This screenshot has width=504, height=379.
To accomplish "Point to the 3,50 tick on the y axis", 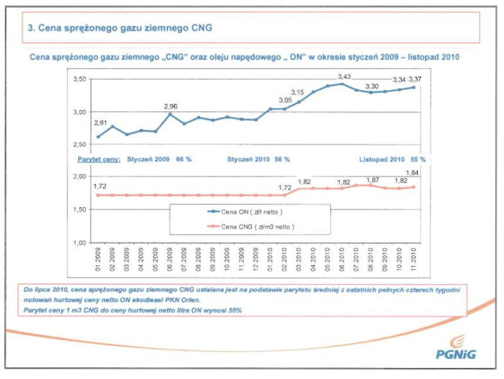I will click(79, 79).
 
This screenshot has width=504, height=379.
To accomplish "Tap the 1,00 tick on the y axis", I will click(79, 243).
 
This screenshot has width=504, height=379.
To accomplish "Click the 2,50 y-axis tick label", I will click(79, 145).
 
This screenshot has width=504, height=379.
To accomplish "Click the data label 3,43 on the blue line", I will click(342, 76).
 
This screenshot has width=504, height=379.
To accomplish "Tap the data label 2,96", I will click(170, 106).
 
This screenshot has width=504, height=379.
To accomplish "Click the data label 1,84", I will click(413, 172).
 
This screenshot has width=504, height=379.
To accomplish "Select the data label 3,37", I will click(416, 79).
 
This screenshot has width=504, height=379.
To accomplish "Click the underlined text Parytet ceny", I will click(98, 160).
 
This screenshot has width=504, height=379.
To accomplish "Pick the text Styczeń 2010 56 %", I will click(258, 160).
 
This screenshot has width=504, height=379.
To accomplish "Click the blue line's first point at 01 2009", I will click(98, 137).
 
